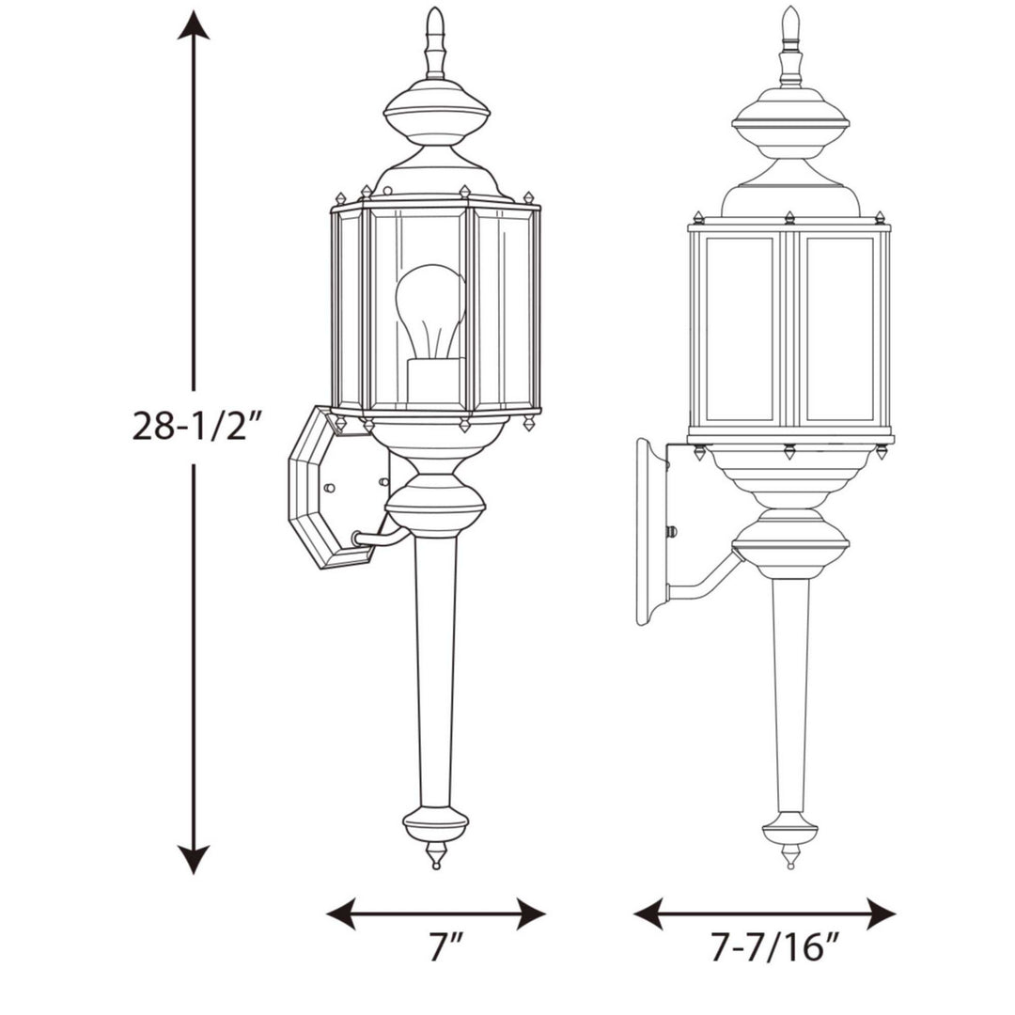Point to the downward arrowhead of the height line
click(x=194, y=859)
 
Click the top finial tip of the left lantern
click(x=434, y=14)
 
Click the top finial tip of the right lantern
click(x=790, y=12)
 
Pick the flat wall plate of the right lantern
click(x=650, y=531)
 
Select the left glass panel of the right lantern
click(x=739, y=329)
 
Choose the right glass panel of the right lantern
click(x=839, y=329)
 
